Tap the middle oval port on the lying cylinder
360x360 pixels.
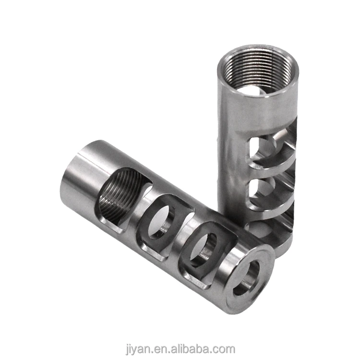158,226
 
